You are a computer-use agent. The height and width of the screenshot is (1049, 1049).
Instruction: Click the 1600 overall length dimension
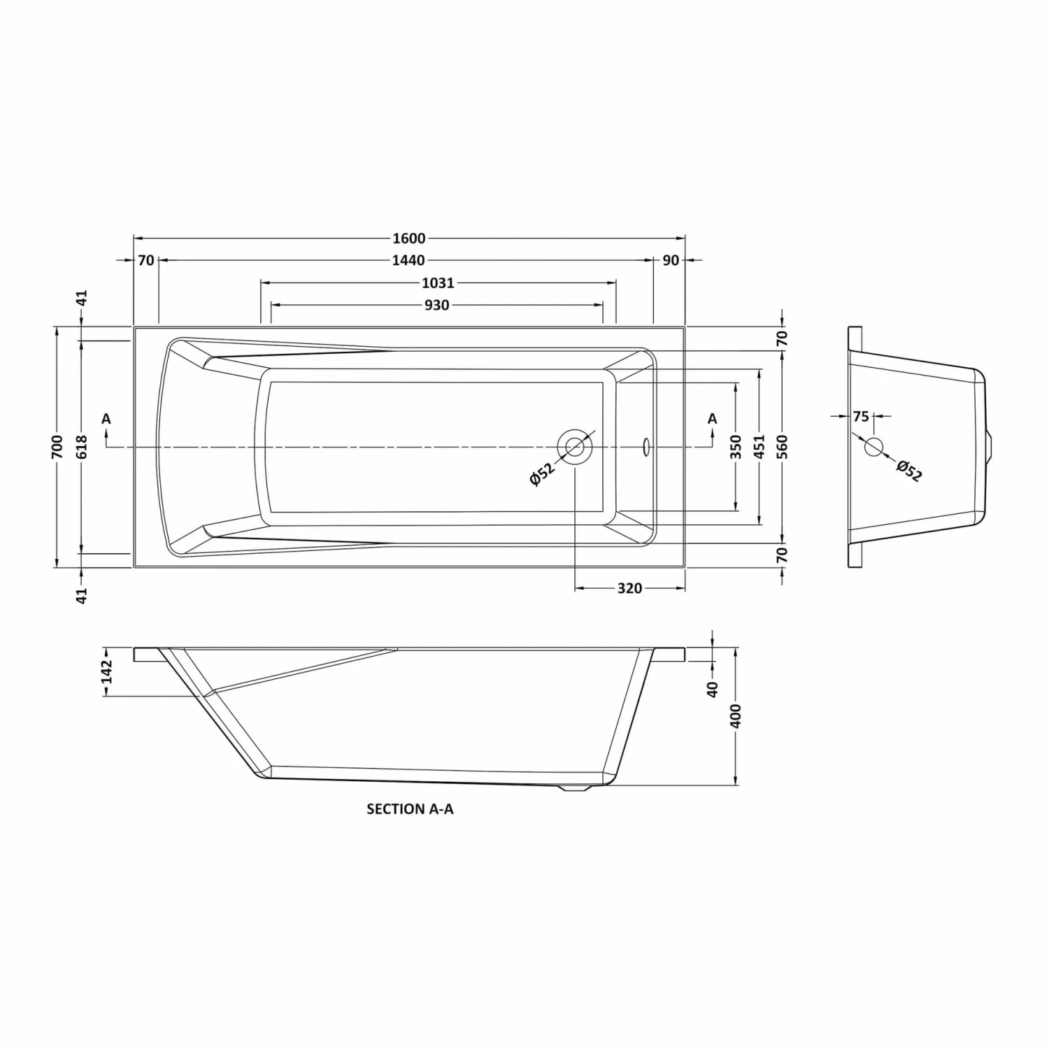[409, 238]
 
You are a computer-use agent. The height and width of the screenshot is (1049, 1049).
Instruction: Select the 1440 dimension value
[408, 260]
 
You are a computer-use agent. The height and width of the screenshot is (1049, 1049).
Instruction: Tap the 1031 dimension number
[438, 283]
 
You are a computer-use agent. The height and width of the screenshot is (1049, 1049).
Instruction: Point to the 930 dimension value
[436, 305]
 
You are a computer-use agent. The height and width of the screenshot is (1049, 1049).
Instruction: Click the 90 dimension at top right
[671, 260]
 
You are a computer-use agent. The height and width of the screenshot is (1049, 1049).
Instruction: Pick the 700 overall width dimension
[57, 446]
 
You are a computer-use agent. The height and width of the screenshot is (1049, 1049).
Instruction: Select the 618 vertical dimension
[82, 446]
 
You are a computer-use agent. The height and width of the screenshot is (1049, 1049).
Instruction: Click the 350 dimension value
[735, 446]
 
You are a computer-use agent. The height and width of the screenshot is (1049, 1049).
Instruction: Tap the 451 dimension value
[760, 446]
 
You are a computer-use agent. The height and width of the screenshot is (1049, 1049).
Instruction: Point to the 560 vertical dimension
[783, 446]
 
